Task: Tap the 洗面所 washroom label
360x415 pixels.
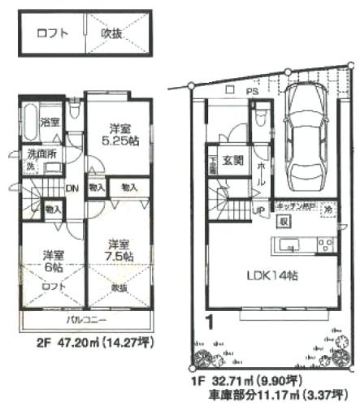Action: (38, 153)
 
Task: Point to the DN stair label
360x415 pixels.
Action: (72, 186)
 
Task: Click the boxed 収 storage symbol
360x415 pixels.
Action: (284, 221)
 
